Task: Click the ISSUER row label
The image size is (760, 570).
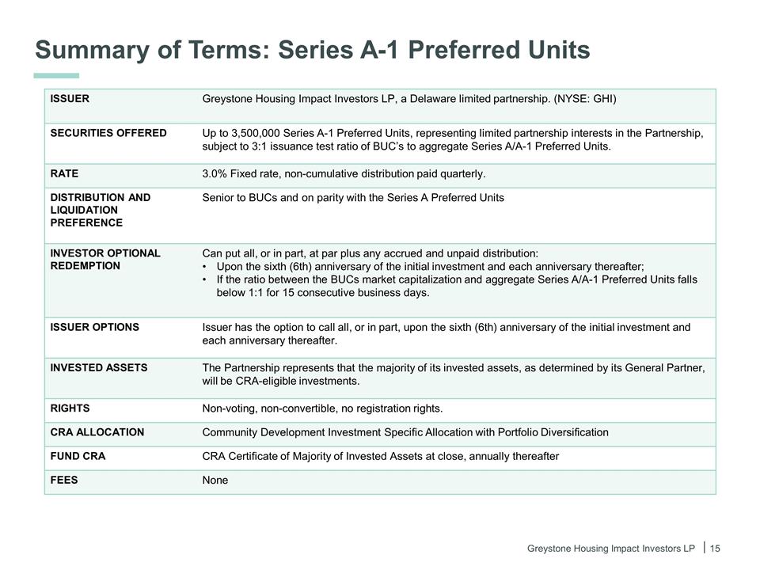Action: (70, 99)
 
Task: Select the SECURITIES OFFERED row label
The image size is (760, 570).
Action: (108, 133)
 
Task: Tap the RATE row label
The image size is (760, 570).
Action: (64, 173)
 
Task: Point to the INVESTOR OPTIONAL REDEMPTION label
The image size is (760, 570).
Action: (105, 260)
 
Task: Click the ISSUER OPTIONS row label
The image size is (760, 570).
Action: (95, 327)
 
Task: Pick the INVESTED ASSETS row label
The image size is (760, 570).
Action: (99, 367)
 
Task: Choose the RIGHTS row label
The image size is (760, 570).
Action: (70, 408)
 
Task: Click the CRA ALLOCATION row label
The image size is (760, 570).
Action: (97, 432)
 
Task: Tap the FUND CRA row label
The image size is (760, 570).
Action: (78, 456)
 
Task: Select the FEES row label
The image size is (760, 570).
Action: (64, 480)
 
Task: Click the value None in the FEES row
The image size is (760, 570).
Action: (215, 480)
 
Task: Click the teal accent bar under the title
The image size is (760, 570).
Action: (57, 75)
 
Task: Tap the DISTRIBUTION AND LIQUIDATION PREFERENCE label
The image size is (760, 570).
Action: (100, 210)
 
